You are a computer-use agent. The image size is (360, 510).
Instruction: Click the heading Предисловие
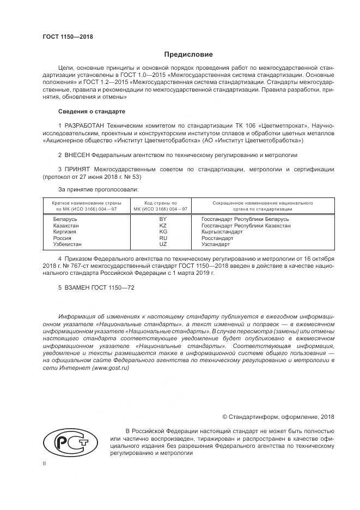(188, 55)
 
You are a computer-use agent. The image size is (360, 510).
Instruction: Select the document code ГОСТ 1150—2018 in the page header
(68, 37)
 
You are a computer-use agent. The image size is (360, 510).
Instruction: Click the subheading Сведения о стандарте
(91, 111)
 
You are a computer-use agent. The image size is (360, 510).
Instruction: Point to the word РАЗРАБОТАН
(87, 126)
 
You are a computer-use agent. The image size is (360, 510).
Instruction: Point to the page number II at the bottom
(44, 464)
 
